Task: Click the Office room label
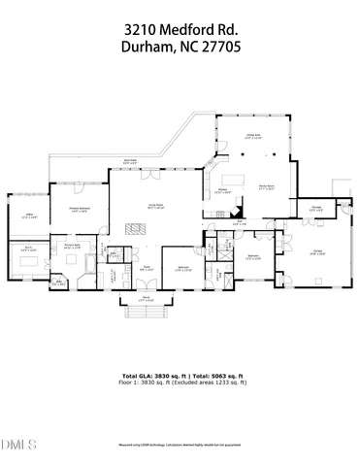click(28, 216)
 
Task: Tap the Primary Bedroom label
click(80, 210)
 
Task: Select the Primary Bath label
click(73, 247)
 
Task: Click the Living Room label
click(153, 205)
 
